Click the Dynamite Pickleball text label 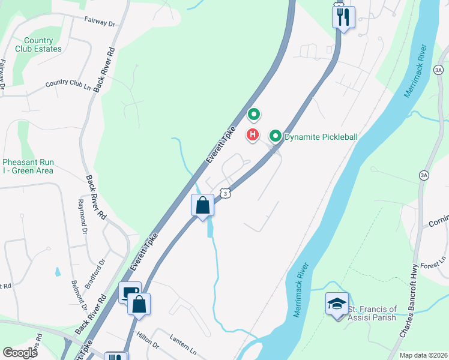point(321,137)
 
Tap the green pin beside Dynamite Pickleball point(276,136)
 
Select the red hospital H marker point(253,135)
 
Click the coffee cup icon point(130,292)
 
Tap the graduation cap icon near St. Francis point(337,304)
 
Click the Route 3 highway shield point(224,193)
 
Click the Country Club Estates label point(38,44)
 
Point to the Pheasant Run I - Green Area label point(28,166)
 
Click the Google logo point(20,353)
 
